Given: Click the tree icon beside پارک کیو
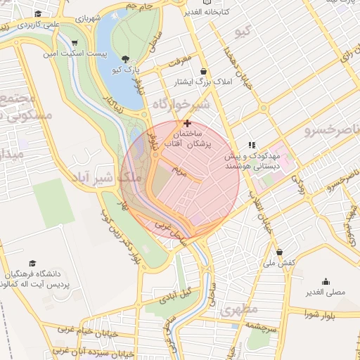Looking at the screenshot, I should (125, 58).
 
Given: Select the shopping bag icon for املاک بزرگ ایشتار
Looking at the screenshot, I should (204, 71).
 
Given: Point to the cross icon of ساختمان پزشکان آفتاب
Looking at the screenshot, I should (186, 123).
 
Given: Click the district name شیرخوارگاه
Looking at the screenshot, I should (181, 106).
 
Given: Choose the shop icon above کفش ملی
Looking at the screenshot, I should (279, 252).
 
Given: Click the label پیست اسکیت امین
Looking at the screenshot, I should (74, 53).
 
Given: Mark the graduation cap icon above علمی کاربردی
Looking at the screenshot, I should (37, 13).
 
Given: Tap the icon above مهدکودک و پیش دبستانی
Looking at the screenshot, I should (252, 145).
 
